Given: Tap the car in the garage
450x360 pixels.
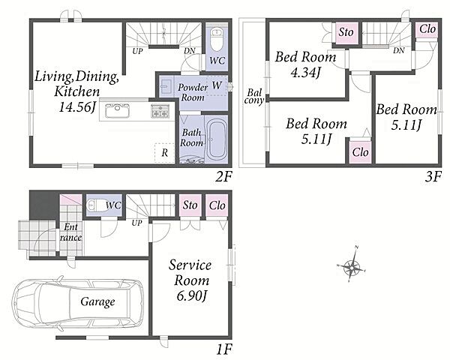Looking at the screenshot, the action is click(x=77, y=302).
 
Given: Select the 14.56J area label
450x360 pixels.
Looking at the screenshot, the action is click(x=77, y=107).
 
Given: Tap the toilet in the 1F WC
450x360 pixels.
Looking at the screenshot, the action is click(x=96, y=205).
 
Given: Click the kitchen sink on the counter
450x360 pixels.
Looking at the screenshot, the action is click(x=117, y=111).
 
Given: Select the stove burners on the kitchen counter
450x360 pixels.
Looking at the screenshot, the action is click(x=160, y=111).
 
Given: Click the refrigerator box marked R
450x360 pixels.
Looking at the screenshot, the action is click(x=164, y=153).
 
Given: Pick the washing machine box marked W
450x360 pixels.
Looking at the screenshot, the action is click(x=217, y=85).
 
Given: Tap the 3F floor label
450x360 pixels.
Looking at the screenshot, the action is click(x=433, y=177).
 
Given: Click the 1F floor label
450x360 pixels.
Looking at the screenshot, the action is click(x=223, y=349).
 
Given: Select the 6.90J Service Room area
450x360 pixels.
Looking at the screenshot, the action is click(x=191, y=296).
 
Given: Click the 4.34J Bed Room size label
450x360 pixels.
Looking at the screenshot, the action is click(x=305, y=72).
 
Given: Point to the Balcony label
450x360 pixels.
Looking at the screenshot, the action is click(x=254, y=97).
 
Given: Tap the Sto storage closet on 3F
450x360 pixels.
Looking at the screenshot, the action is click(x=346, y=32).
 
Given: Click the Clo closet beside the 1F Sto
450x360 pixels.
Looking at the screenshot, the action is click(x=217, y=205).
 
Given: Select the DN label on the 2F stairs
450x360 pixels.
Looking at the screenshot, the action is click(x=190, y=51).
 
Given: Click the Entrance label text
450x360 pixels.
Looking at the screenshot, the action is click(x=70, y=232).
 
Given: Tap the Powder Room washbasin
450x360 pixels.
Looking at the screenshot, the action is click(x=166, y=86).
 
